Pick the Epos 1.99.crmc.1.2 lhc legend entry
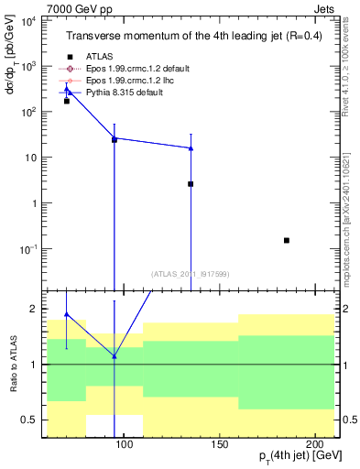[128, 81]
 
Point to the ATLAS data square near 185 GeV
[287, 240]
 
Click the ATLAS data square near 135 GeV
[191, 184]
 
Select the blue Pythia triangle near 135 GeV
[191, 147]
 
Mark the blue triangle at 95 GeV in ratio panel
[115, 355]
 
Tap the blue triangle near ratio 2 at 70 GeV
[66, 314]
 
